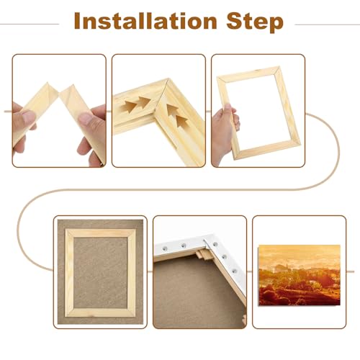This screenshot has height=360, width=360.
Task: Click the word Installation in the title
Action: click(145, 21)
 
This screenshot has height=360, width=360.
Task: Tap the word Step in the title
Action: click(255, 22)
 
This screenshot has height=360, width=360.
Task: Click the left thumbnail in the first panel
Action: click(28, 117)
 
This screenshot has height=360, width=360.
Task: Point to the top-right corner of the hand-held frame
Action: click(279, 67)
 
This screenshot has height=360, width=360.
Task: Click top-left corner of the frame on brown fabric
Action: click(66, 230)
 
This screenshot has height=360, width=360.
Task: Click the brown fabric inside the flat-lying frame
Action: click(100, 272)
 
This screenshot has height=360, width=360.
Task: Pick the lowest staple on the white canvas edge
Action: click(234, 271)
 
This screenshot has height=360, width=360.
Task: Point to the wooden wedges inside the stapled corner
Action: click(204, 254)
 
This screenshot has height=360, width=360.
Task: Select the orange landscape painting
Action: click(300, 275)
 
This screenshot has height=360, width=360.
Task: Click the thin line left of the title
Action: click(30, 24)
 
